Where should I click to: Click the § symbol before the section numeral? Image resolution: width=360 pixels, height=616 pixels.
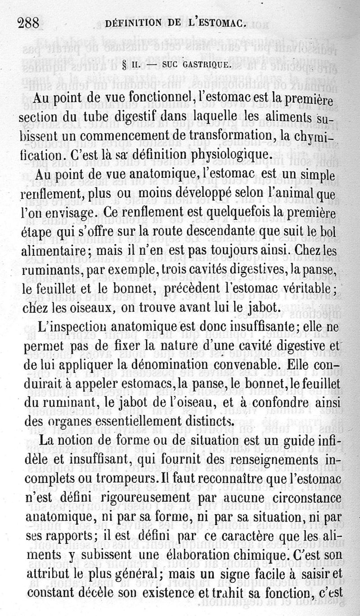point(124,65)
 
